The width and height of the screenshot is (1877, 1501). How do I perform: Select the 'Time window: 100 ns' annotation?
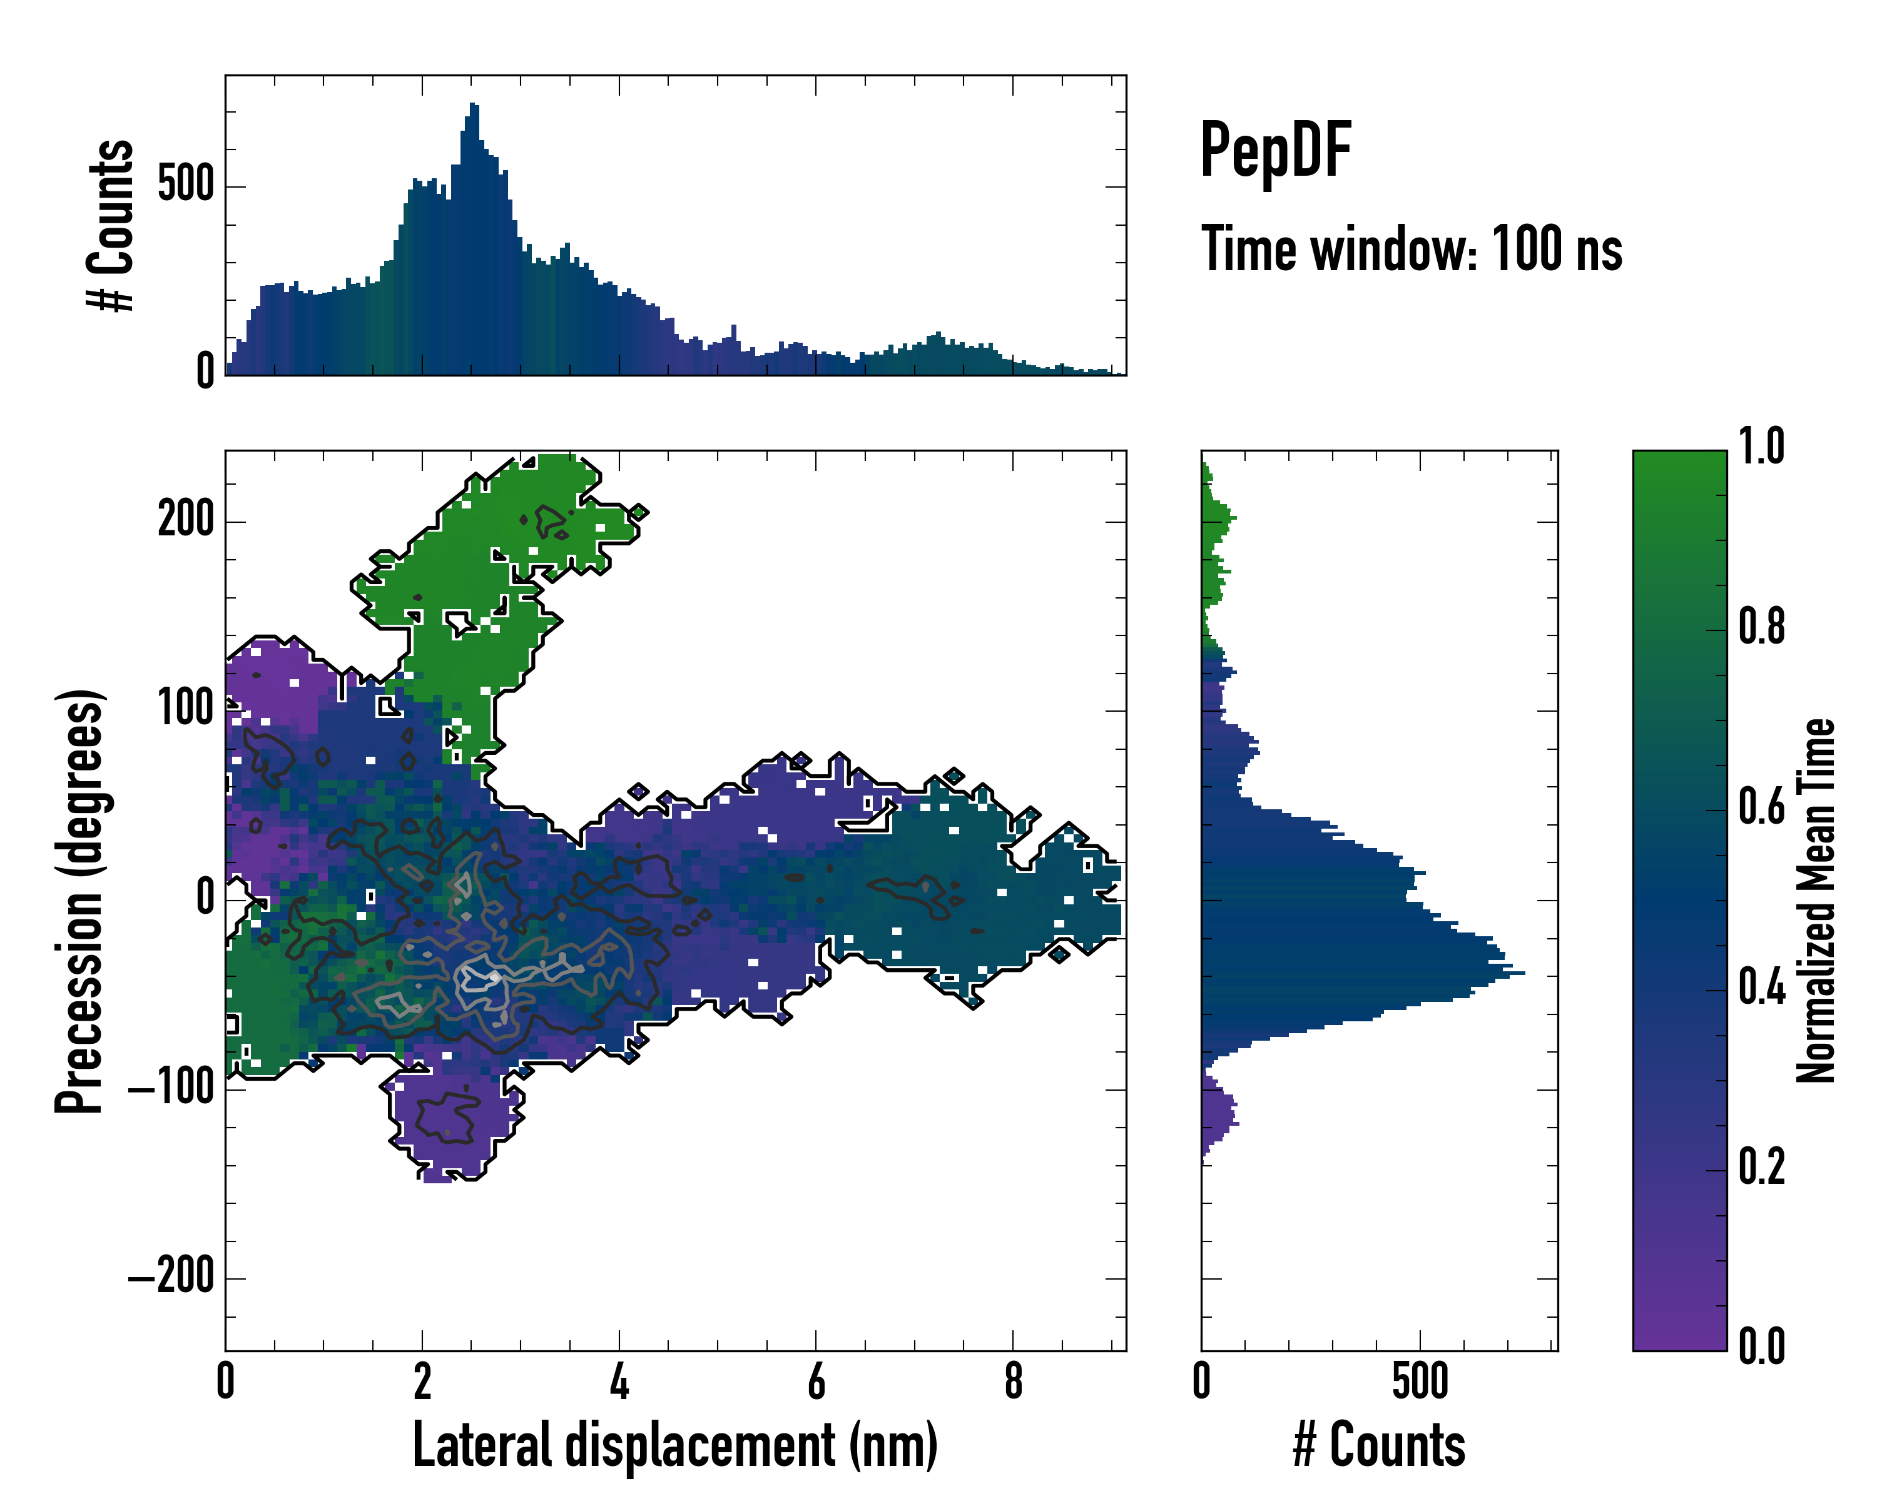[x=1412, y=249]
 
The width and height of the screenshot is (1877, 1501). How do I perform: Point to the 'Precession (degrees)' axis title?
[x=80, y=901]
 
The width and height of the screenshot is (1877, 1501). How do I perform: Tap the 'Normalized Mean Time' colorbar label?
[x=1816, y=901]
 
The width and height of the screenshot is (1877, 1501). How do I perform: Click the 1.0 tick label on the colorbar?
[x=1761, y=447]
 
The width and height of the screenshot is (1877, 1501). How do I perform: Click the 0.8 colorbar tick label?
[x=1761, y=627]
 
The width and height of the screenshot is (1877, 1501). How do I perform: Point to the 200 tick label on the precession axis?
[x=185, y=520]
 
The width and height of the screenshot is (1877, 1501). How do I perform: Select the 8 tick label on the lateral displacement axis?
[x=1012, y=1381]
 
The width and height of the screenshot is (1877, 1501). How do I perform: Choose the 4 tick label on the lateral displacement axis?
[x=619, y=1381]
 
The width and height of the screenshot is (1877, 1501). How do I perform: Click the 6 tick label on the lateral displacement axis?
[x=816, y=1381]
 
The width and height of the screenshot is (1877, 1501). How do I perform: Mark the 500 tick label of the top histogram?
[x=185, y=184]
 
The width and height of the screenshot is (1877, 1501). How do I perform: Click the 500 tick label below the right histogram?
[x=1420, y=1381]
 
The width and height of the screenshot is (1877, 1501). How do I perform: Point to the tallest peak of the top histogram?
[x=473, y=106]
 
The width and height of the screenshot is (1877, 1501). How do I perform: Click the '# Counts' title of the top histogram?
[x=111, y=225]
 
